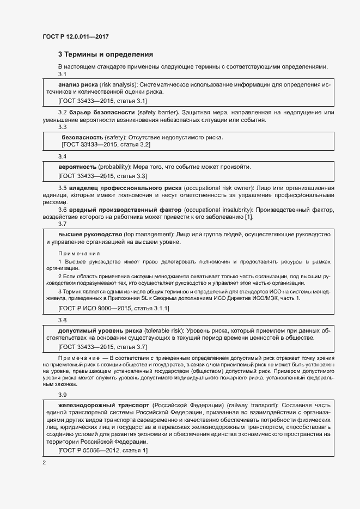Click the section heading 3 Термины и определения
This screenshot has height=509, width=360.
pyautogui.click(x=105, y=54)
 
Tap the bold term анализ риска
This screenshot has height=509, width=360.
pyautogui.click(x=78, y=85)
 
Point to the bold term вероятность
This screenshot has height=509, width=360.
pyautogui.click(x=77, y=167)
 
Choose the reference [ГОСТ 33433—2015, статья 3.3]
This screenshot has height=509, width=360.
pyautogui.click(x=102, y=176)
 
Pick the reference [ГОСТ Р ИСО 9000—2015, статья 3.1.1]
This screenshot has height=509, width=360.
pyautogui.click(x=114, y=308)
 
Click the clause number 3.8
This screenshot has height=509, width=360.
pyautogui.click(x=62, y=321)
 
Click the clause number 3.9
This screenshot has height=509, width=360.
pyautogui.click(x=62, y=394)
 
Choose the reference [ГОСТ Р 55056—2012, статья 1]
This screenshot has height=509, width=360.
pyautogui.click(x=102, y=450)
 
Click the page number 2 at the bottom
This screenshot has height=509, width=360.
pyautogui.click(x=44, y=463)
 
